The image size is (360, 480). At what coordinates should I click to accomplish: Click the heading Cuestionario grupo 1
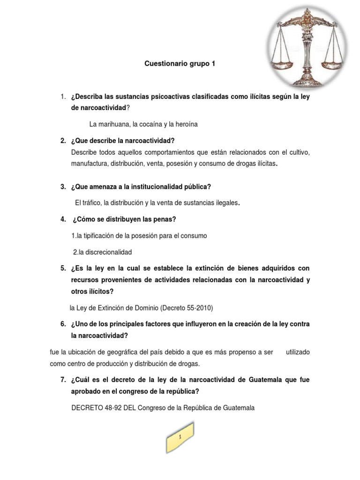click(180, 63)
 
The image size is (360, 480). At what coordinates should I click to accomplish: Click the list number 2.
click(62, 141)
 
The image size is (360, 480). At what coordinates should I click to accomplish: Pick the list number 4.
click(62, 219)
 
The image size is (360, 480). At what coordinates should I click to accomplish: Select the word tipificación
click(103, 235)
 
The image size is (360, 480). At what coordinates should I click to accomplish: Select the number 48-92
click(113, 408)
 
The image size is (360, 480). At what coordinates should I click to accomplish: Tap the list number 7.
click(62, 379)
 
